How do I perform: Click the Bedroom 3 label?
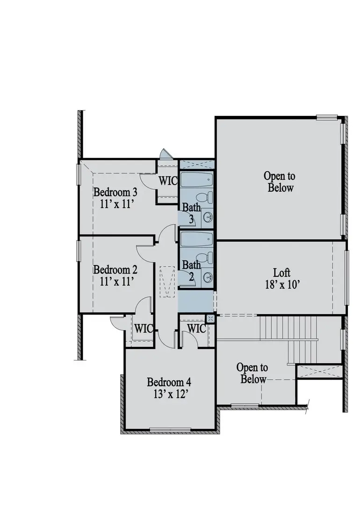pos(115,192)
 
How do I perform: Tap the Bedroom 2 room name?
pos(115,270)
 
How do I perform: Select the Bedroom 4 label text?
pos(169,382)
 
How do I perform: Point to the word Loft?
pos(282,272)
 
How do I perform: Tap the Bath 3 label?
pos(191,212)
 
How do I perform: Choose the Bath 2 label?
pos(191,270)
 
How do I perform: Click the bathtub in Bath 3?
pos(196,180)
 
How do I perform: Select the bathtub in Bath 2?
pos(196,239)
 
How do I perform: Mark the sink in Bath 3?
pos(209,217)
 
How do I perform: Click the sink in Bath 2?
pos(209,276)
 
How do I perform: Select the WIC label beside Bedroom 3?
pos(167,180)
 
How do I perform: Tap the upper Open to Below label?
pos(280,182)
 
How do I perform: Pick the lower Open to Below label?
pos(252,373)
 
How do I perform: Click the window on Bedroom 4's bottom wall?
pos(170,429)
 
